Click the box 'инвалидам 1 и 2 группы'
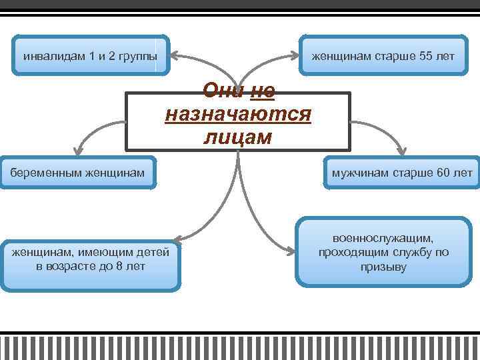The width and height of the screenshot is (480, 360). (91, 55)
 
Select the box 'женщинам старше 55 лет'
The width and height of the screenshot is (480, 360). (383, 55)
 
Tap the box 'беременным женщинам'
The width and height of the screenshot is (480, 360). (77, 173)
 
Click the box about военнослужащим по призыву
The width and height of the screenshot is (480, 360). (383, 253)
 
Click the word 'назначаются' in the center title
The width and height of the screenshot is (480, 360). (238, 113)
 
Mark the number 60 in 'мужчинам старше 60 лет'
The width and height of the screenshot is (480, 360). (443, 173)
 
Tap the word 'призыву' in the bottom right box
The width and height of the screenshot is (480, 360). (383, 267)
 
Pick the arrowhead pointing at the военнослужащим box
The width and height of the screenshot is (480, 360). (290, 251)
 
